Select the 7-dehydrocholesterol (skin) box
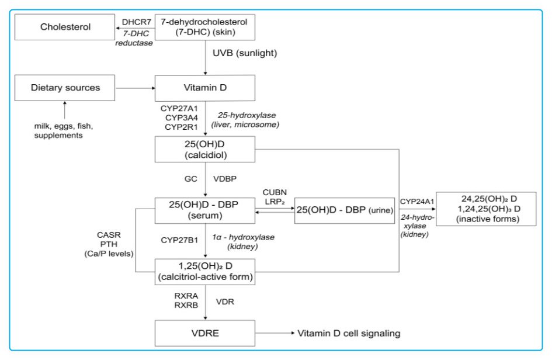tap(204, 27)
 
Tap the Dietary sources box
tap(65, 88)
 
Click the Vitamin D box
tap(204, 88)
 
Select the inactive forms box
tap(486, 209)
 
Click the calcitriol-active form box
tap(204, 271)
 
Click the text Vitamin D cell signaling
tap(349, 333)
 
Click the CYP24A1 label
tap(416, 202)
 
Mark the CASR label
tap(109, 235)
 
